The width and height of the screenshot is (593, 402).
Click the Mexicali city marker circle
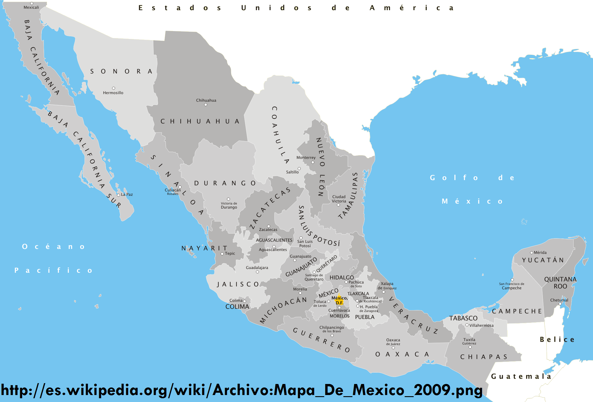tap(32, 3)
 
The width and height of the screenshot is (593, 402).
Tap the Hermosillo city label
tap(113, 93)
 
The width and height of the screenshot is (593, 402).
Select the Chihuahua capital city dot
tap(206, 105)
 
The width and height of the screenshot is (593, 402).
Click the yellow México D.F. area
tap(339, 299)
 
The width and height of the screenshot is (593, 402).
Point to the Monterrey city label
tap(306, 157)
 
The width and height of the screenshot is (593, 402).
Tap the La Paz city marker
tap(118, 195)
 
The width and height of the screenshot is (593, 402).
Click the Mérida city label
tap(540, 252)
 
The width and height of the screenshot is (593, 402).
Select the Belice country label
tap(557, 340)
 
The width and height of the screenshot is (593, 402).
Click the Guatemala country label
tap(521, 376)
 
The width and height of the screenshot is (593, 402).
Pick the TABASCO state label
tap(463, 318)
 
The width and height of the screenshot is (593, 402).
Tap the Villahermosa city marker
tap(467, 325)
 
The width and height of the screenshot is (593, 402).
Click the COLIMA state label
tap(237, 307)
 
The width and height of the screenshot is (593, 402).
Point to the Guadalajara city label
tap(257, 268)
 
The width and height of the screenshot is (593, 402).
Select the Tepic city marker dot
tap(222, 254)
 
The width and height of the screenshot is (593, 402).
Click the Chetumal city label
tap(559, 300)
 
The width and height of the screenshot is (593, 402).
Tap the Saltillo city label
tap(292, 172)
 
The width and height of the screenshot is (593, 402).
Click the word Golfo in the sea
tap(454, 177)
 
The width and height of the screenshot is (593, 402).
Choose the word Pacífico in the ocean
tap(53, 270)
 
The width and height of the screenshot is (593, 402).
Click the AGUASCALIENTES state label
tap(274, 240)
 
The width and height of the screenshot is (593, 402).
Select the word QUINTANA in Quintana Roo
tap(560, 279)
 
